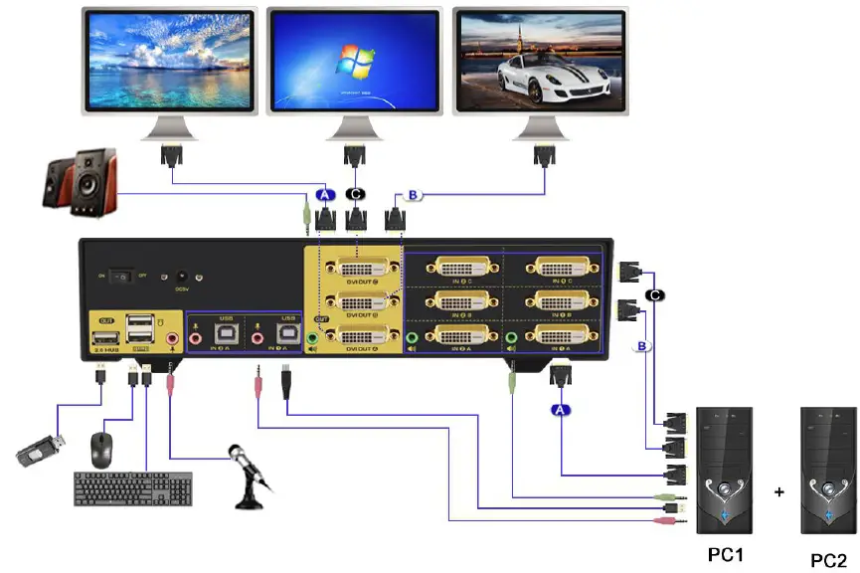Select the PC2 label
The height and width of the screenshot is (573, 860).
pos(829,560)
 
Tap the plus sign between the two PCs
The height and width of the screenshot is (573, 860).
pos(779,491)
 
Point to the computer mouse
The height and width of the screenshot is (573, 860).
pos(100,451)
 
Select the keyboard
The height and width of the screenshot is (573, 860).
pos(133,488)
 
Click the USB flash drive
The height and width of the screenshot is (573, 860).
pos(43,452)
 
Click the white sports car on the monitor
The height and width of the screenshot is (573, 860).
pos(538,80)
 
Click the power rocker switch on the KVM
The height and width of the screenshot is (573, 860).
pos(121,276)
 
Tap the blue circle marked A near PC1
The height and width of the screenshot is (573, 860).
pos(561,409)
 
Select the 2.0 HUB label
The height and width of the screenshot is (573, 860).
pos(105,351)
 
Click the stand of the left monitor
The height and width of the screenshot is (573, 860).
pos(175,128)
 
